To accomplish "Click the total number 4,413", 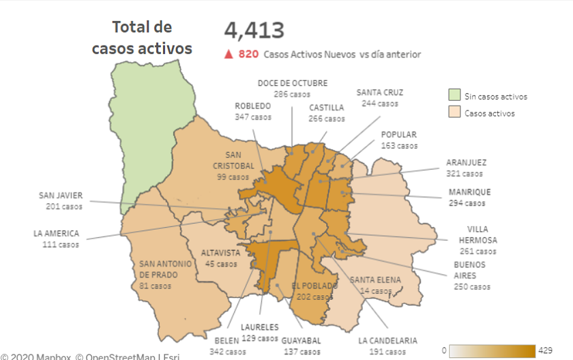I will [254, 31].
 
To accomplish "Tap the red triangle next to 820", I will [229, 54].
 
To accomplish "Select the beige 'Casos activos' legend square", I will [454, 113].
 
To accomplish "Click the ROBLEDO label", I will [252, 106].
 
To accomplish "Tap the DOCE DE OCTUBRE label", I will [292, 83].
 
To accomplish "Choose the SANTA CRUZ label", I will [379, 93].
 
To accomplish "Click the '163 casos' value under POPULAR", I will [398, 146].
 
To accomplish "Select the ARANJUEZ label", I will [467, 162].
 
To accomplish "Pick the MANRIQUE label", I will [469, 192].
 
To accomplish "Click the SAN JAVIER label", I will [61, 196].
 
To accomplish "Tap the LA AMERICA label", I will [56, 233].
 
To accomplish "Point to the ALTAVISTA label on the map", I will [220, 252].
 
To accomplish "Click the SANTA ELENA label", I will [376, 280].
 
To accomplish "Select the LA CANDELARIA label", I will [387, 340].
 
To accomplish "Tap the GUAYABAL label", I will [301, 340].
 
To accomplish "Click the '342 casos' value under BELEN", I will [228, 352].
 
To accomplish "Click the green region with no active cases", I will [151, 130].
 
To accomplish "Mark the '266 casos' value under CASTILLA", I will [327, 119].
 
